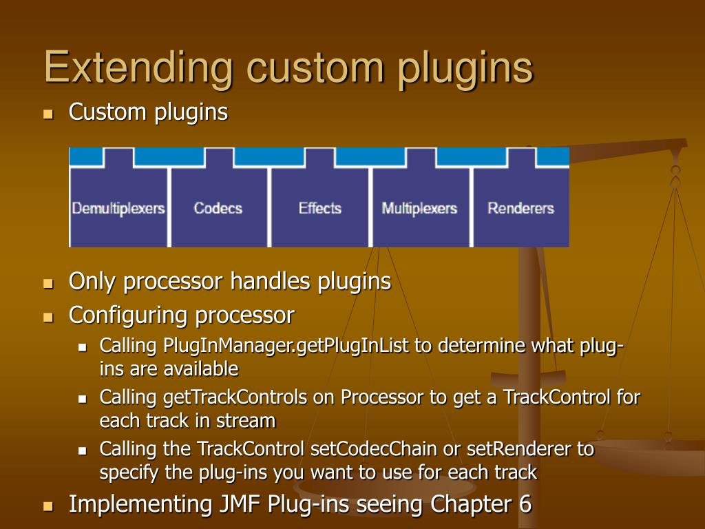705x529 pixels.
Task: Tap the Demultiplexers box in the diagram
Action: coord(118,207)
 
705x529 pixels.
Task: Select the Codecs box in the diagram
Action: coord(218,207)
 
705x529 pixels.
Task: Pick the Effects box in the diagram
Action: coord(319,207)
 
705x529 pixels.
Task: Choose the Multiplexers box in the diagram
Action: coord(419,207)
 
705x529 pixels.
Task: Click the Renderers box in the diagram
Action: coord(520,207)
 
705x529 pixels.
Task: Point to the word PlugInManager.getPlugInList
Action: coord(286,345)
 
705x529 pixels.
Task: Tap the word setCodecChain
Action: coord(374,449)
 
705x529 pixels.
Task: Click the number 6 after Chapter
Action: coord(525,504)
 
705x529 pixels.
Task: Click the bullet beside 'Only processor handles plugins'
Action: coord(48,283)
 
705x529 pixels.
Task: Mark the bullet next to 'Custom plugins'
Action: coord(48,114)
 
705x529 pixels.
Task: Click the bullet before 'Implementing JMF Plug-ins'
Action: coord(48,506)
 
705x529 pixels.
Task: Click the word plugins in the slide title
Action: coord(468,68)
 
